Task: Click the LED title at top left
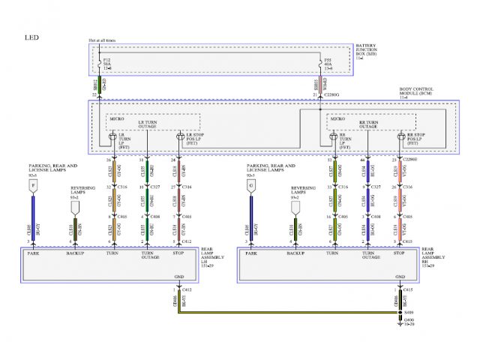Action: (31, 37)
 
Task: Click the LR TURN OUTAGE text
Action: (148, 124)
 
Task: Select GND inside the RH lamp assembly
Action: (397, 277)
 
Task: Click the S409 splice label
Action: (408, 312)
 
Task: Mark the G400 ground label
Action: (409, 320)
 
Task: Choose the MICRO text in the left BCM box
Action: (117, 118)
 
